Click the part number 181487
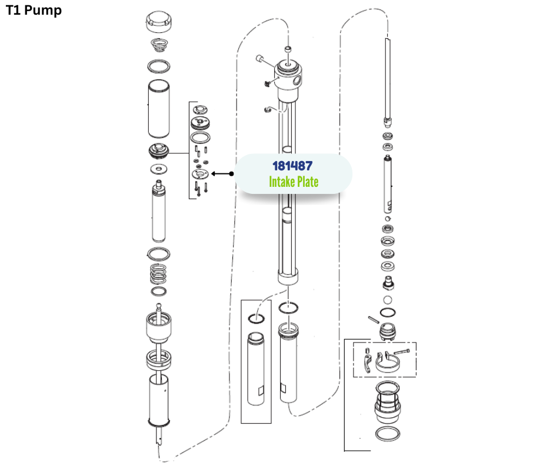pos(292,166)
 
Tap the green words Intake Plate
pos(294,182)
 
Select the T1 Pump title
pos(34,10)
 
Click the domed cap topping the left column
pos(159,21)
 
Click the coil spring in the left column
pos(158,274)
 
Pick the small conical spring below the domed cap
pos(159,45)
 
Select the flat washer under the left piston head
pos(159,169)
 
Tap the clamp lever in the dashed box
pos(368,363)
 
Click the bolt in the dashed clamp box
pos(401,351)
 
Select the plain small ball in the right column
pos(388,300)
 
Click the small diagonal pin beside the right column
pos(374,320)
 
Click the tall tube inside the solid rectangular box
pos(256,369)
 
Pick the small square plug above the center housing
pos(288,49)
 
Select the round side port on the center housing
pos(297,80)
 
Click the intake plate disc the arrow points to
pos(201,174)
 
